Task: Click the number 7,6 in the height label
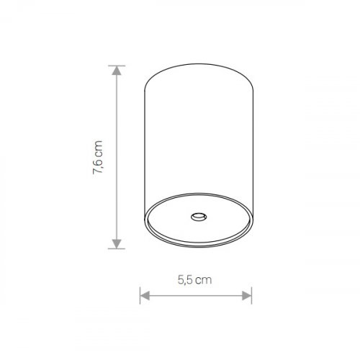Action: [x=98, y=165]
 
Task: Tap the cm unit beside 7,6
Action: [x=99, y=148]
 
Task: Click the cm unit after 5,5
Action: [x=204, y=281]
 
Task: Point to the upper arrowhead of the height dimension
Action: [x=117, y=71]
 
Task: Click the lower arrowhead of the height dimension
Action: [x=117, y=244]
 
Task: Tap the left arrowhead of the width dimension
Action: [x=145, y=296]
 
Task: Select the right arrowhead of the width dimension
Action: [x=247, y=296]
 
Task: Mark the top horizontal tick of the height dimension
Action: [x=117, y=66]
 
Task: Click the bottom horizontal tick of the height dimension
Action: [x=117, y=248]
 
